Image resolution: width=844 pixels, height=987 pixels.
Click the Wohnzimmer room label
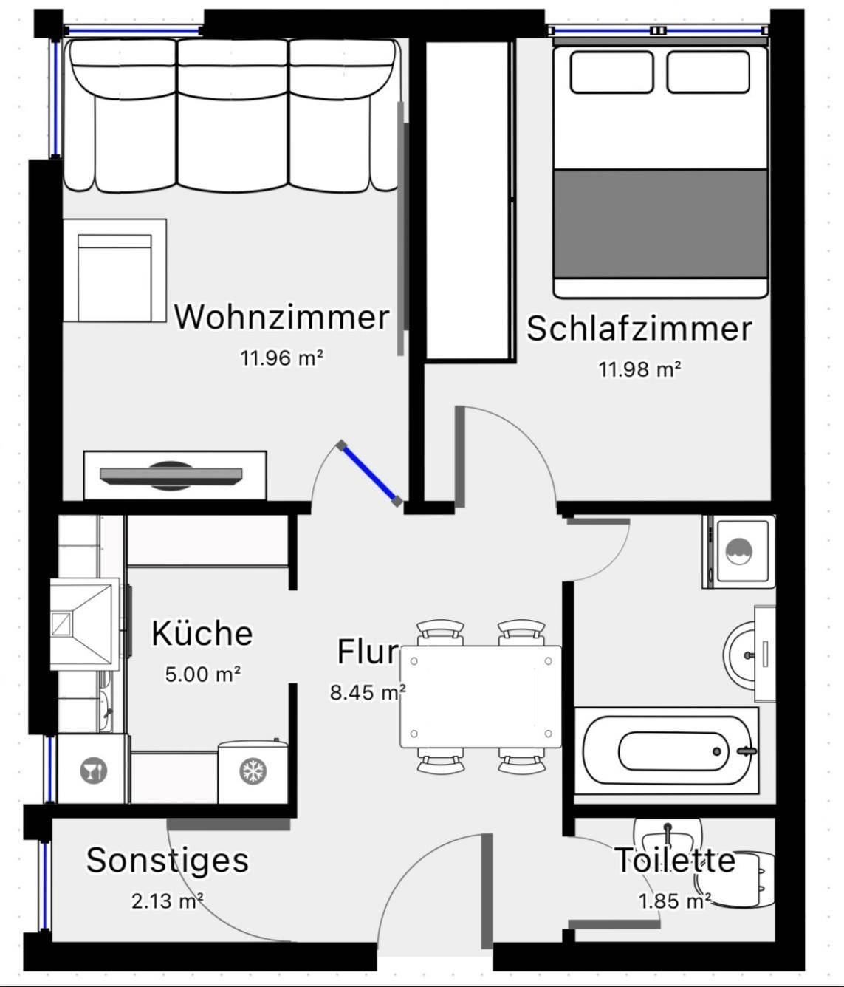click(281, 317)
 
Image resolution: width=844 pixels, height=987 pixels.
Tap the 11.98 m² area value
click(639, 369)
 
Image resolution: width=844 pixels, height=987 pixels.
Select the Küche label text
click(202, 633)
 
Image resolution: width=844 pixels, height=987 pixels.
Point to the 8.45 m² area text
click(368, 692)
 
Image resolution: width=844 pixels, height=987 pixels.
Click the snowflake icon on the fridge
click(253, 771)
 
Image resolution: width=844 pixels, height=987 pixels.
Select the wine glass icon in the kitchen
click(94, 771)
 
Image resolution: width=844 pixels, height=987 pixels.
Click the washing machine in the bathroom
click(738, 551)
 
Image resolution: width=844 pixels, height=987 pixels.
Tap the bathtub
click(667, 751)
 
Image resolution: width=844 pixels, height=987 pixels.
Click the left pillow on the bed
click(611, 72)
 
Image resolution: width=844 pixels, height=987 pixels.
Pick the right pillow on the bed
click(708, 72)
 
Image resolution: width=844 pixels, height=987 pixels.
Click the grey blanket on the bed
click(661, 223)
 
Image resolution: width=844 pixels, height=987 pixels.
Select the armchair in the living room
click(114, 270)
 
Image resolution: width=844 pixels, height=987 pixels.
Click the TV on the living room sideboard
click(171, 476)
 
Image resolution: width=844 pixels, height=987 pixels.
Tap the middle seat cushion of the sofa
click(233, 115)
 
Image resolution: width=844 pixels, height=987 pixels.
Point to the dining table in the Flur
click(481, 697)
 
